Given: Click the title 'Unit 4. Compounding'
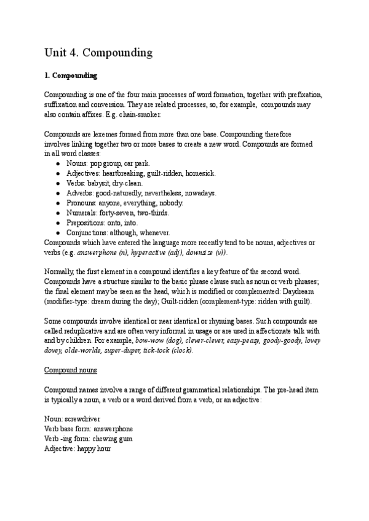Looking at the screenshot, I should [98, 53].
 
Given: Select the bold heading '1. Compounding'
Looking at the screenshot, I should [71, 76].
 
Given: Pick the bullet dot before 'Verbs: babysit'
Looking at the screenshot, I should [57, 183].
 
